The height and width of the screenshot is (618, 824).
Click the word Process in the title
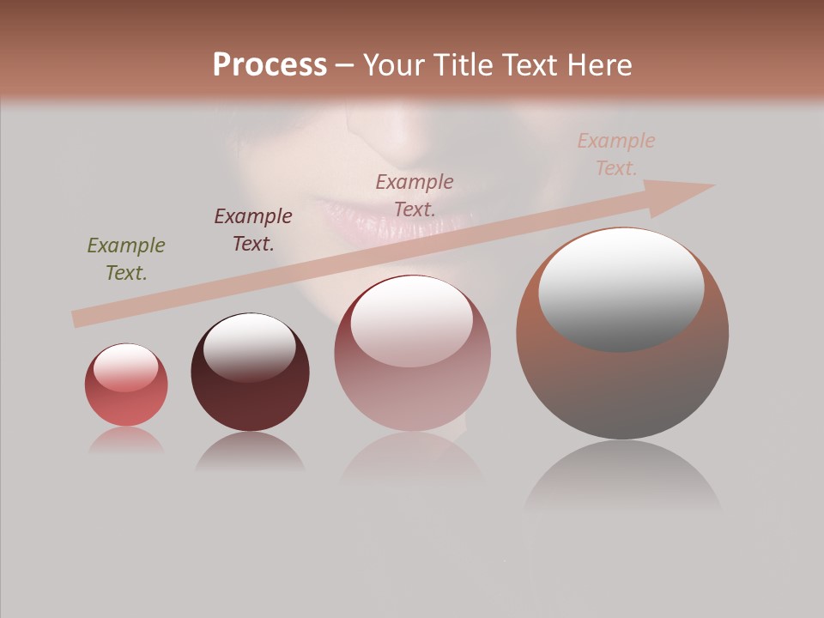pos(270,65)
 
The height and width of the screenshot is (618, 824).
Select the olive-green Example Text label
pos(126,259)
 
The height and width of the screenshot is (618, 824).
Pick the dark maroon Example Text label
pos(253,229)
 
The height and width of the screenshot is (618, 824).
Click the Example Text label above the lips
pos(415,195)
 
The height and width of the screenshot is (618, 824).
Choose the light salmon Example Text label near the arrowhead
pos(616,154)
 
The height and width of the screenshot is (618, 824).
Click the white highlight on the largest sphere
pos(621,288)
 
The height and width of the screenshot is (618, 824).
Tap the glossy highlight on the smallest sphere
pos(125,367)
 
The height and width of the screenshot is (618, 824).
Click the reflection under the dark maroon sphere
pos(250,452)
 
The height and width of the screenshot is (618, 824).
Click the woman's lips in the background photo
pos(378,219)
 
